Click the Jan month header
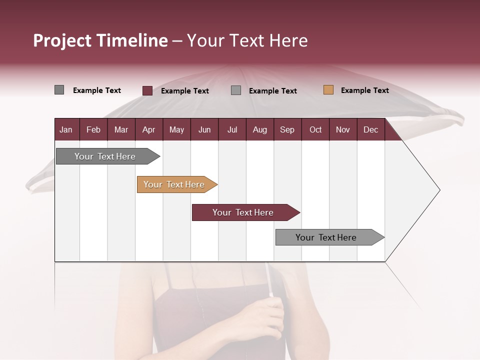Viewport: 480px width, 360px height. point(66,130)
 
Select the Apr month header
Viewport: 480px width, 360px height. point(148,130)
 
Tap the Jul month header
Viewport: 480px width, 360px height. point(232,130)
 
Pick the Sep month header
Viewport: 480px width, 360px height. point(287,130)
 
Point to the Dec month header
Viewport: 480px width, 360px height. point(370,130)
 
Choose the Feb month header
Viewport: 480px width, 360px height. point(93,130)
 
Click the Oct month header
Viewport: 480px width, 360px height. point(315,130)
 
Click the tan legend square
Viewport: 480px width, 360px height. point(328,90)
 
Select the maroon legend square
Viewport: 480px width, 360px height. point(147,90)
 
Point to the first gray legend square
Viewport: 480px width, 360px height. point(59,90)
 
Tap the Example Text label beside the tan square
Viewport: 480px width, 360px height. point(364,90)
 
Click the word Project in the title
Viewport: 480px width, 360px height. point(62,41)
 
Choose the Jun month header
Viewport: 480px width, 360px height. point(204,130)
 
